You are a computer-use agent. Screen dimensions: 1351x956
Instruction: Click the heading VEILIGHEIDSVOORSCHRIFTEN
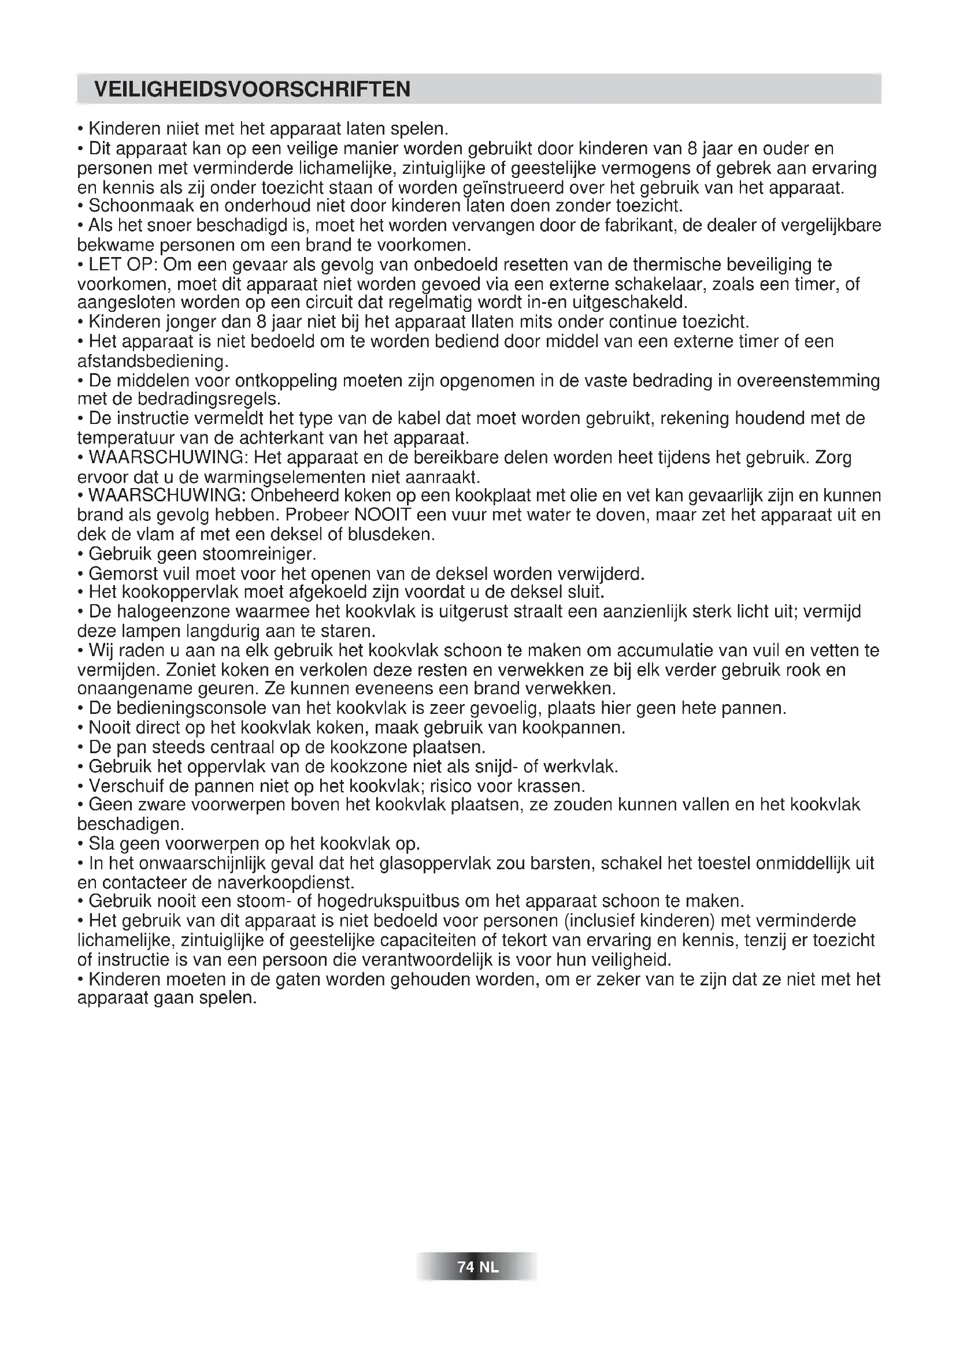pyautogui.click(x=252, y=90)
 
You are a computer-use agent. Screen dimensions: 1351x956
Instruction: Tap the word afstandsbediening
pyautogui.click(x=153, y=360)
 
